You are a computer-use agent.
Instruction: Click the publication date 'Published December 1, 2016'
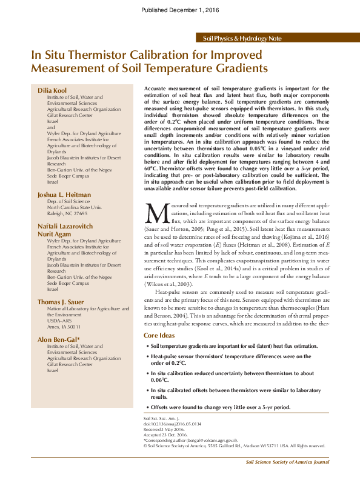(180, 10)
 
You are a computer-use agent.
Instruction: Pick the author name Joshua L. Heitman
(64, 195)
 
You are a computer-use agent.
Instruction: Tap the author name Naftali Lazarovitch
(66, 225)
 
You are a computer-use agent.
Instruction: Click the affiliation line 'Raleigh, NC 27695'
(67, 213)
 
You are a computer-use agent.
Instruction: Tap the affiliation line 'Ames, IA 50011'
(64, 327)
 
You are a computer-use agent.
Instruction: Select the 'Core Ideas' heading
(159, 335)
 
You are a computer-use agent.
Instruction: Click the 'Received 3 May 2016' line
(164, 429)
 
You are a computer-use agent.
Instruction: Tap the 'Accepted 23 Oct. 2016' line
(165, 435)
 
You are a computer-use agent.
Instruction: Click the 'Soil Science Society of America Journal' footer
(287, 462)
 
